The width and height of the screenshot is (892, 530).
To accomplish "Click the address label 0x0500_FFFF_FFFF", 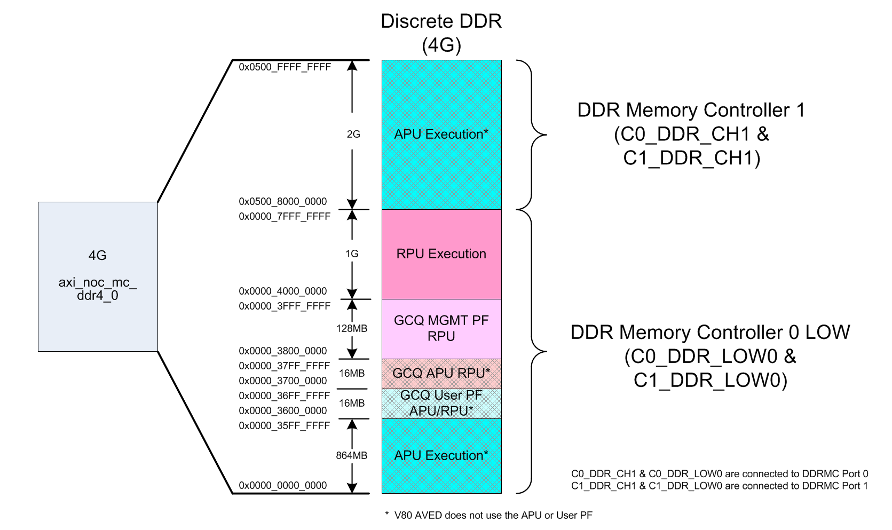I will [x=285, y=67].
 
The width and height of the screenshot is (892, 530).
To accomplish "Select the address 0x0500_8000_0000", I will [x=282, y=202].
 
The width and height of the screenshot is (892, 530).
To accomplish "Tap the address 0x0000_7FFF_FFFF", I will [x=285, y=217].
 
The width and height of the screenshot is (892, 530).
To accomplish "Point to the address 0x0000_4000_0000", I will [x=282, y=291].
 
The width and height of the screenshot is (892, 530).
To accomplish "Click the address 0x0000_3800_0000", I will [x=282, y=351].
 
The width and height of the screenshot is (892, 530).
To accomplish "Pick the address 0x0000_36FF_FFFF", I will [x=285, y=396].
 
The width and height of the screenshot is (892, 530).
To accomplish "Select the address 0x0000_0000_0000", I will [x=282, y=486].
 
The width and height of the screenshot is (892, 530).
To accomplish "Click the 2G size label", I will [x=353, y=135].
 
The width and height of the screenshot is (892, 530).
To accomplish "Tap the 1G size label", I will [x=352, y=254].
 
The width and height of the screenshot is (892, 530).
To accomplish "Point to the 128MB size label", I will [x=352, y=329].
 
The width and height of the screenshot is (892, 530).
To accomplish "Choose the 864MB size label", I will [x=352, y=456].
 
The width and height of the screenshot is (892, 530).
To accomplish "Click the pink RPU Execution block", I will [x=441, y=254].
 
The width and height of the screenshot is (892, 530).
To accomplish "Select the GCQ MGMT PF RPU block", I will [x=441, y=329].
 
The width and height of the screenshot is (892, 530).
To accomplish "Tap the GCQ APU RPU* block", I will [x=441, y=374].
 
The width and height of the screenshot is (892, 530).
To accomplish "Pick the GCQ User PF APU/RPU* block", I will [x=441, y=404].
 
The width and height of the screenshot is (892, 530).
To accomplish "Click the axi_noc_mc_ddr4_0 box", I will [x=98, y=276].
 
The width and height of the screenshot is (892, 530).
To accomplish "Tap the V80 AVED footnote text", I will [x=488, y=516].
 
